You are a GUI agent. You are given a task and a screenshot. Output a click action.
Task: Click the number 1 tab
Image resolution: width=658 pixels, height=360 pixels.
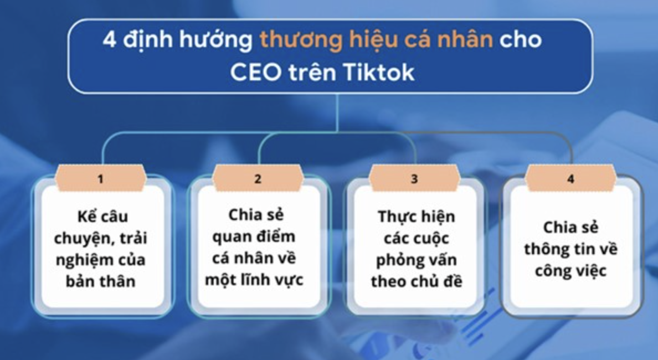(100, 179)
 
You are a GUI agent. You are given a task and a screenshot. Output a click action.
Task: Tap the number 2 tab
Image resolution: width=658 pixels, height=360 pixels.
(258, 179)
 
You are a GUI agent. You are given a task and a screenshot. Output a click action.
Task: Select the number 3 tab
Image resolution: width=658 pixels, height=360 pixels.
(414, 179)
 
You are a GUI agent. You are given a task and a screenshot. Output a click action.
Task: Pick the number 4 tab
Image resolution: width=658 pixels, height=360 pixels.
(570, 179)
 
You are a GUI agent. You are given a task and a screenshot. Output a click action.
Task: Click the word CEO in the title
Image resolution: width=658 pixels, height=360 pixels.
(255, 73)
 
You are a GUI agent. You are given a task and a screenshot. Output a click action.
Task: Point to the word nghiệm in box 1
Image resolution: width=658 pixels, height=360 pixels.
(90, 259)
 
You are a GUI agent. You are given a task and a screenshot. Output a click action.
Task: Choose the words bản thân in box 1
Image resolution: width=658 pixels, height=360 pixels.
(100, 280)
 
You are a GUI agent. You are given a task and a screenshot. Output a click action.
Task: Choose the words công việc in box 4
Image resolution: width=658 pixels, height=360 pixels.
(571, 270)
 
